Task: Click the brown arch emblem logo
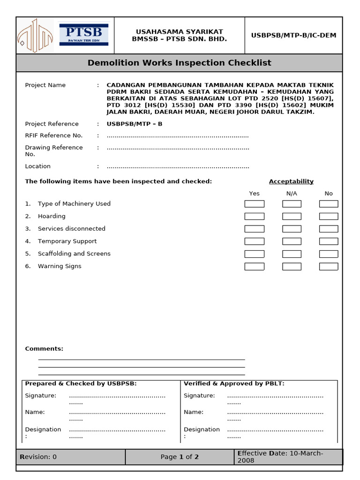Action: pos(35,35)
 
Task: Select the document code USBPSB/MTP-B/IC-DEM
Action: pos(293,36)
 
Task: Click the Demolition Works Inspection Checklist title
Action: pos(179,63)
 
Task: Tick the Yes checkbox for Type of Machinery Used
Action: pos(254,204)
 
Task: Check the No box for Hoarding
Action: pos(328,217)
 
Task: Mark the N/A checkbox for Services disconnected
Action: pos(292,229)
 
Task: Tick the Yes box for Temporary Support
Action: pos(254,241)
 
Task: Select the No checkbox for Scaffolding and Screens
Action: pos(328,254)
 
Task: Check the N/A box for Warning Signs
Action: pos(292,266)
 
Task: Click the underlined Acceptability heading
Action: pos(291,181)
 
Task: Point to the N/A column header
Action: pos(292,194)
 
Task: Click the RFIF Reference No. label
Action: pos(53,135)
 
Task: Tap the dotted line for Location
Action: pos(178,167)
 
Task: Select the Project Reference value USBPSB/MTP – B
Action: pos(134,124)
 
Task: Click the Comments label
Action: pos(44,349)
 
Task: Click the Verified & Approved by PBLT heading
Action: pos(234,383)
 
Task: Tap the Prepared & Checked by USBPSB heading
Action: pos(81,383)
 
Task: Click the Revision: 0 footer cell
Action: pos(38,457)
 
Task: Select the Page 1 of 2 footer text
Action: pos(180,457)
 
